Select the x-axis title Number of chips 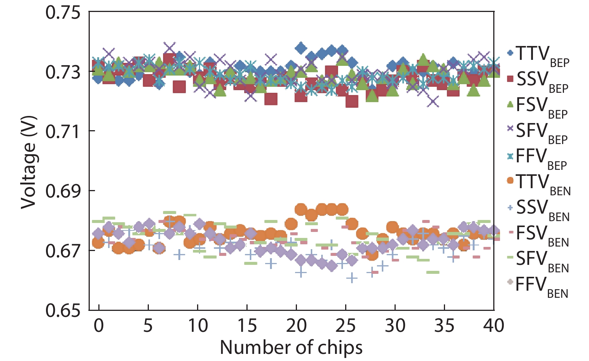point(291,348)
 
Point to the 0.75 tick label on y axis point(63,13)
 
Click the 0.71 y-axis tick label point(63,132)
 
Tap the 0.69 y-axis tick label point(63,191)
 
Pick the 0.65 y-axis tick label point(63,310)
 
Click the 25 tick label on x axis point(345,326)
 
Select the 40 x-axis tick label point(493,326)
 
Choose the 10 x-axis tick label point(197,326)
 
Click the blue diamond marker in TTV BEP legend point(510,53)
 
